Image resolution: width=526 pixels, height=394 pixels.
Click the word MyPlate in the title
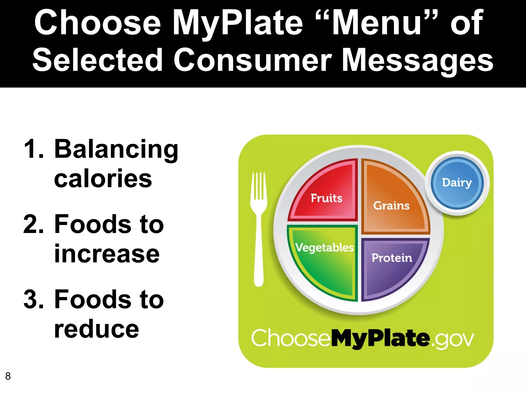click(238, 23)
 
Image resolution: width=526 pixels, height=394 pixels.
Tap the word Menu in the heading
click(377, 23)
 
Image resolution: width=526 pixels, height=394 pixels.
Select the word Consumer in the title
click(252, 61)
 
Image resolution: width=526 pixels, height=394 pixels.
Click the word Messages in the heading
click(418, 61)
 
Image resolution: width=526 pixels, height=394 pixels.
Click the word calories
click(103, 179)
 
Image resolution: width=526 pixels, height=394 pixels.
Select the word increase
click(107, 254)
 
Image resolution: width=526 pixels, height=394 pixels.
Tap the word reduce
click(97, 329)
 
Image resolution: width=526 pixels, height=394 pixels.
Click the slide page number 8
click(8, 376)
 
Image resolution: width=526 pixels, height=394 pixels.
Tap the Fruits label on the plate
click(326, 198)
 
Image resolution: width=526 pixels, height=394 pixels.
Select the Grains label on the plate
click(391, 206)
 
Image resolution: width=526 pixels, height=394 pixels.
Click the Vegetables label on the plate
click(325, 248)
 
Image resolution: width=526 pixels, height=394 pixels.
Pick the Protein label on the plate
click(392, 258)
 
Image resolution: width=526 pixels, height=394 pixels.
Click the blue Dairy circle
click(457, 183)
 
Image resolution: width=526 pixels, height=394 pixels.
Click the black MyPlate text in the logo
click(380, 339)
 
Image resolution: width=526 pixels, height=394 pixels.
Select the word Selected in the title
click(98, 61)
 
